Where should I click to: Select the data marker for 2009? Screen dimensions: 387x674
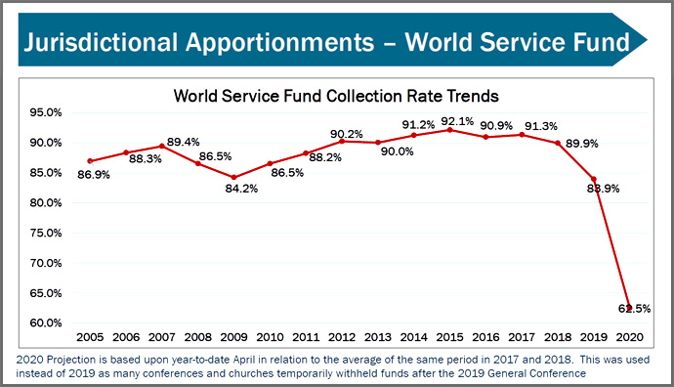coord(233,177)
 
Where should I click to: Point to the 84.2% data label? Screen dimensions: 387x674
coord(241,189)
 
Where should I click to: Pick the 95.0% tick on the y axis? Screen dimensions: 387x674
coord(47,112)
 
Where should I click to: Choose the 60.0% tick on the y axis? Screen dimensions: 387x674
coord(47,322)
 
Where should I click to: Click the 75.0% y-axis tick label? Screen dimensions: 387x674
coord(47,233)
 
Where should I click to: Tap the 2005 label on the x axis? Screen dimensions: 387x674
coord(90,337)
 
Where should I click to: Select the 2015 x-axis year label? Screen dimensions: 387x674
coord(449,337)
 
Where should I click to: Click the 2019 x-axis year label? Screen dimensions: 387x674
coord(594,337)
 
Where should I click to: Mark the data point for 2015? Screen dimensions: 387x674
coord(449,130)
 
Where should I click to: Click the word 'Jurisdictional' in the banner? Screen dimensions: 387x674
coord(105,43)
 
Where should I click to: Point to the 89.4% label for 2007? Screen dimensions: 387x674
coord(184,143)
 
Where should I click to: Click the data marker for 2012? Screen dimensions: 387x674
coord(341,141)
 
